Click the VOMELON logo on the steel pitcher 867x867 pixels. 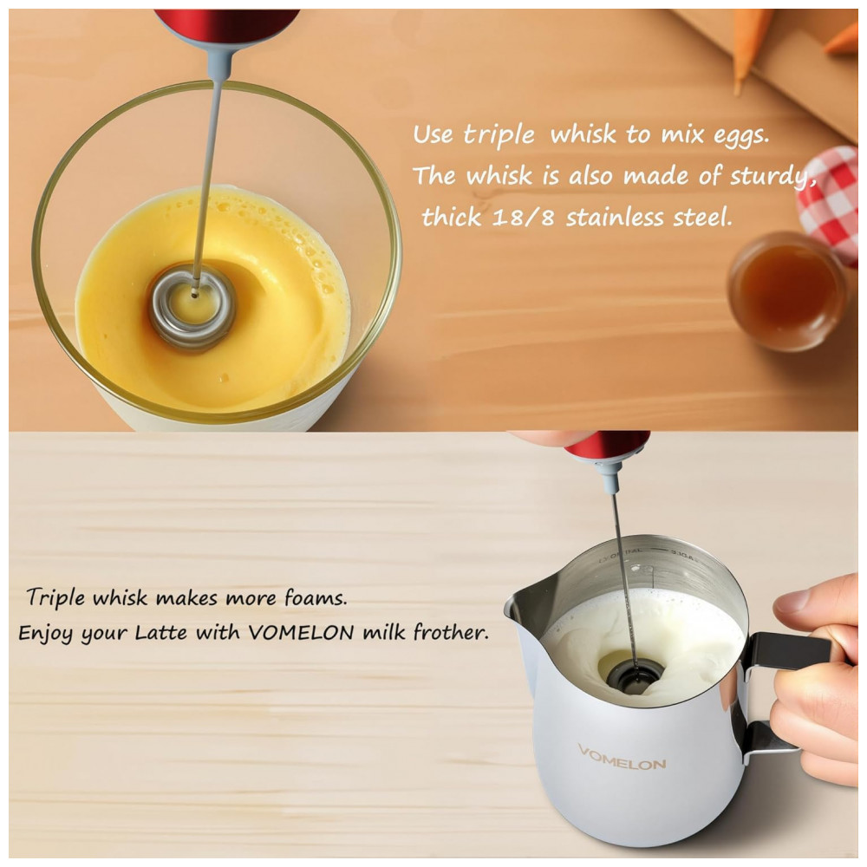[x=622, y=758]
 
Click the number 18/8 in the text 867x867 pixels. [x=522, y=218]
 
